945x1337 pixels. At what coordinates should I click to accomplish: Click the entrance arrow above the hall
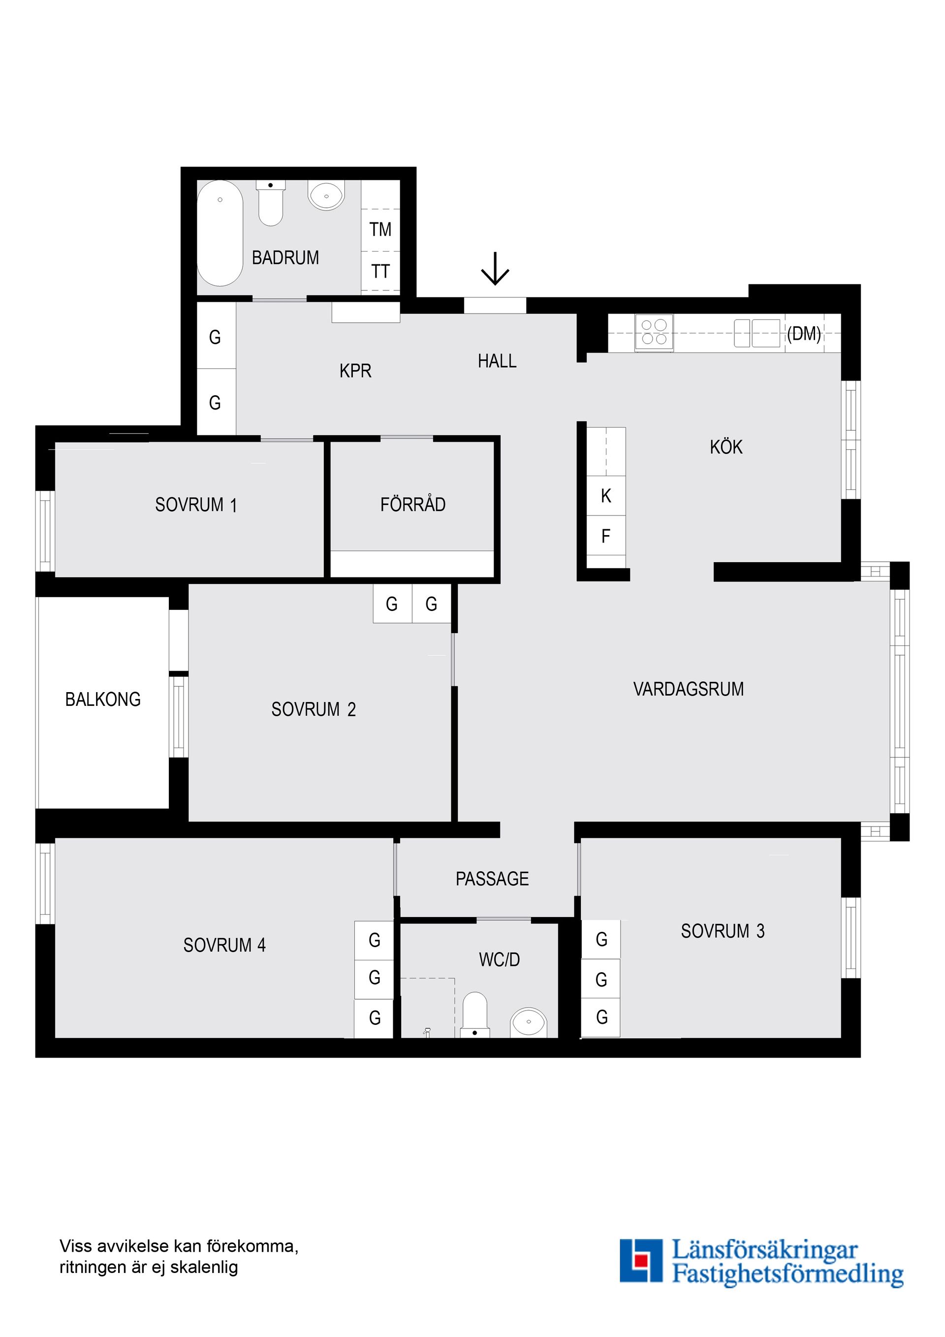click(495, 269)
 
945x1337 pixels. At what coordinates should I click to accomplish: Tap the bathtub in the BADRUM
click(220, 233)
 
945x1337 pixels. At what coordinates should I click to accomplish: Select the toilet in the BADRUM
click(270, 204)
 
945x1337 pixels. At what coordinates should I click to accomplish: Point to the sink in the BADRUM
click(327, 195)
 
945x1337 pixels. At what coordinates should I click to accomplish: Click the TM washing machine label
click(380, 230)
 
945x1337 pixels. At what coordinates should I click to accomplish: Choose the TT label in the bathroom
click(380, 271)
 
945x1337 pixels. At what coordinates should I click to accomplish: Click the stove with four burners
click(654, 332)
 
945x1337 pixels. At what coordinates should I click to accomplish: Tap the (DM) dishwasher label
click(804, 334)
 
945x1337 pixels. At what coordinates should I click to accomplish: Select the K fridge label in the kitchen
click(605, 496)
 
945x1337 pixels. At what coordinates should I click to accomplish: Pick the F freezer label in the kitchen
click(605, 536)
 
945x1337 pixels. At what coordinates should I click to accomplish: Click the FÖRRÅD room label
click(413, 504)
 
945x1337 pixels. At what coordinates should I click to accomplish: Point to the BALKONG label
click(103, 700)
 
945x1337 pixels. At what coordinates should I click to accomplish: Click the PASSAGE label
click(492, 879)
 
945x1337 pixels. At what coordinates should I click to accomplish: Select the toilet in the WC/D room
click(474, 1015)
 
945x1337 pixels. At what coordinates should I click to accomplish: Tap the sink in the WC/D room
click(529, 1022)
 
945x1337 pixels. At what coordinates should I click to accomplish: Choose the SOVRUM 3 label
click(723, 931)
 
